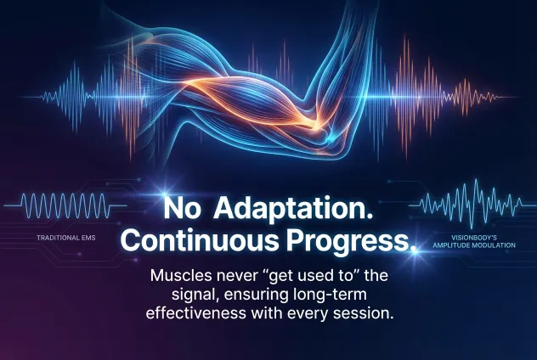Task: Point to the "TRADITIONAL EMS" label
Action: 64,238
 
